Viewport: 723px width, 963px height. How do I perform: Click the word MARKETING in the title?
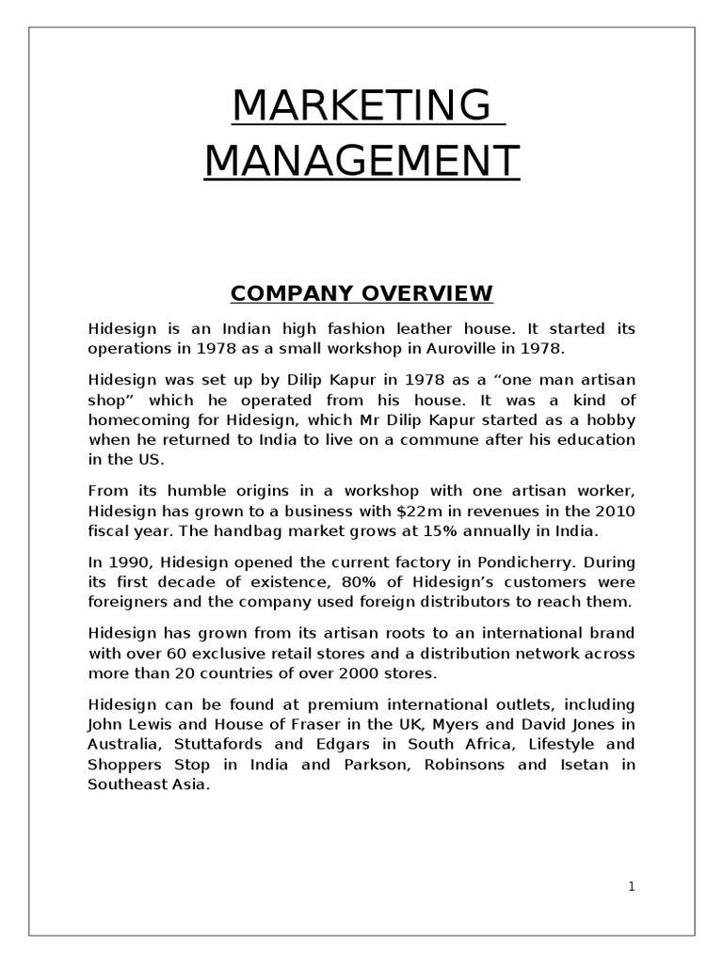(361, 105)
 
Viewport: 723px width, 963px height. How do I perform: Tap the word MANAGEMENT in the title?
(361, 160)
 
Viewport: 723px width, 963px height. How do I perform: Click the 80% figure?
(362, 582)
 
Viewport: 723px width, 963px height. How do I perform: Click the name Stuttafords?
(211, 745)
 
